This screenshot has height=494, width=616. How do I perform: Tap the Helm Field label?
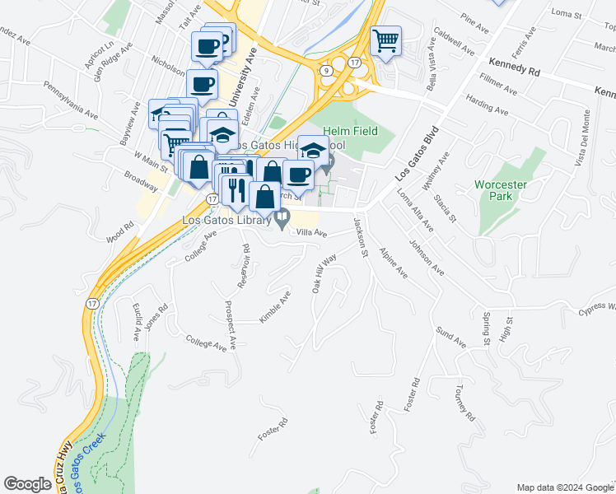point(350,131)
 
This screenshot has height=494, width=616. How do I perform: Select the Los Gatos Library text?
point(226,220)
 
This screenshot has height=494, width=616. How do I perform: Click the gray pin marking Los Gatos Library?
point(283,220)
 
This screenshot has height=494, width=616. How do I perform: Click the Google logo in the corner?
point(27,484)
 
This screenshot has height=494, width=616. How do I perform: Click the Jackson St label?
point(360,237)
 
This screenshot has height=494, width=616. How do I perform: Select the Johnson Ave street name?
point(427,258)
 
